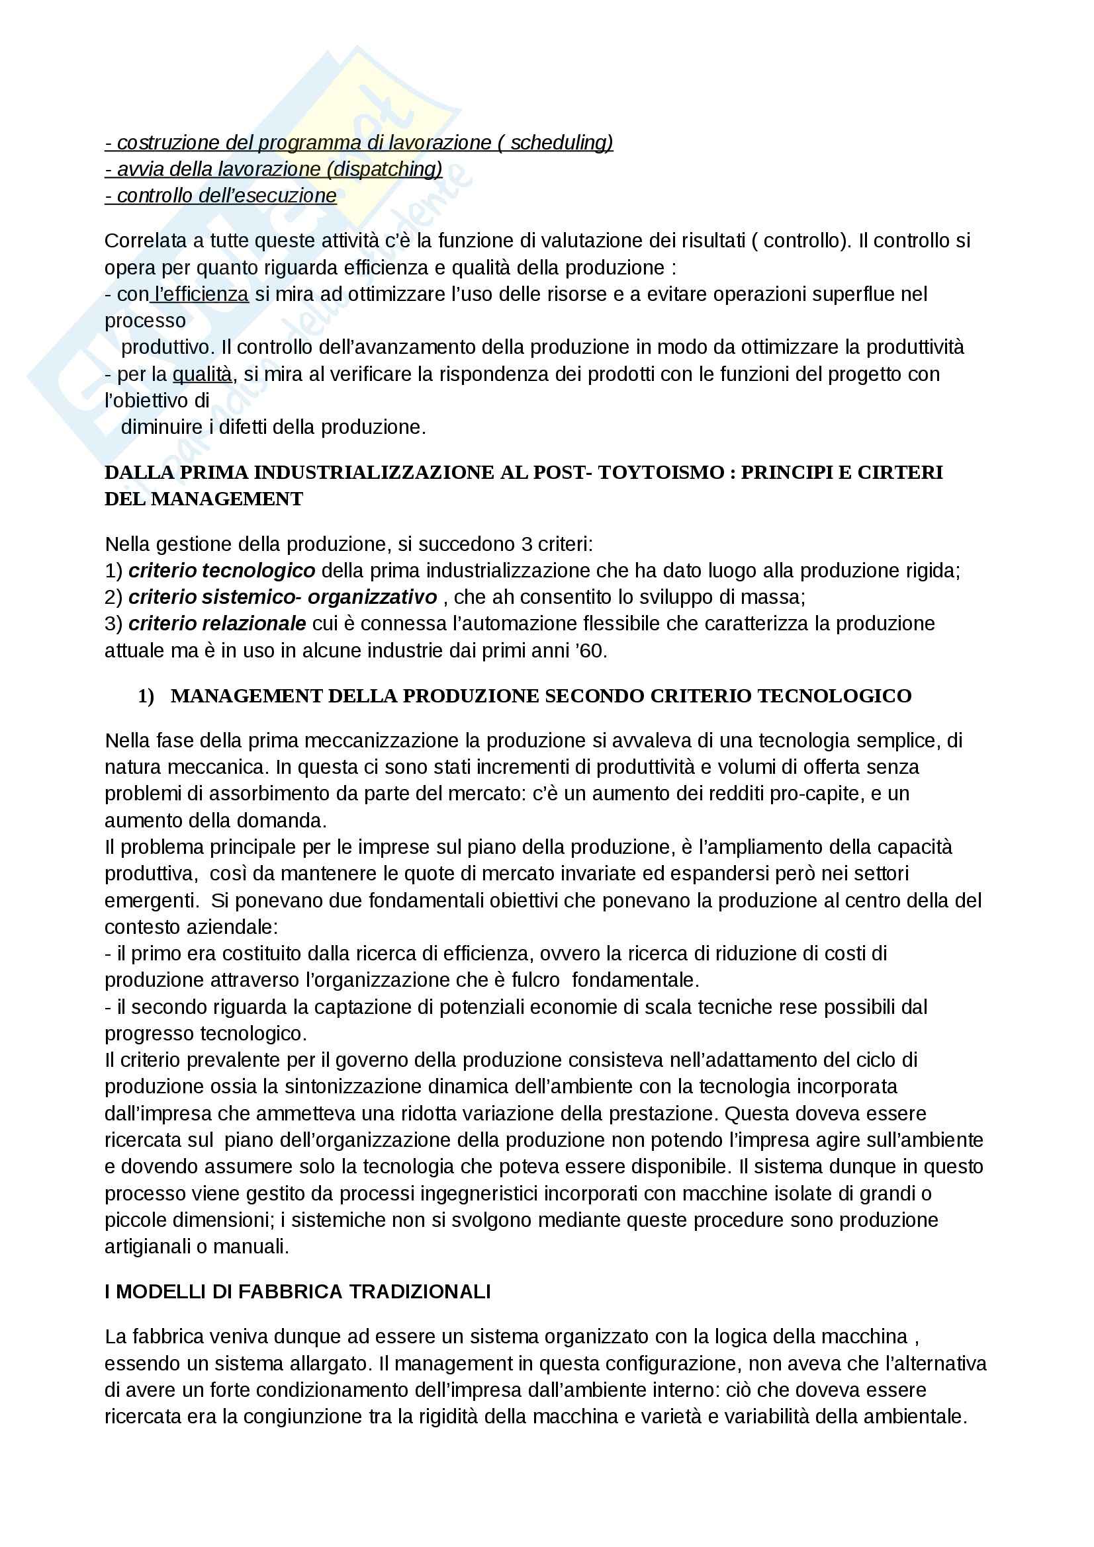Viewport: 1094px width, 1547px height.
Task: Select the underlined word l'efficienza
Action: tap(202, 294)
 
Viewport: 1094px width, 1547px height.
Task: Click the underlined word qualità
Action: tap(203, 374)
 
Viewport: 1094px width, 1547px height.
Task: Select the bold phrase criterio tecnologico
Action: tap(222, 571)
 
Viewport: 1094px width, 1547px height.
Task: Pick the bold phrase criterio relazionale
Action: tap(217, 624)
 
